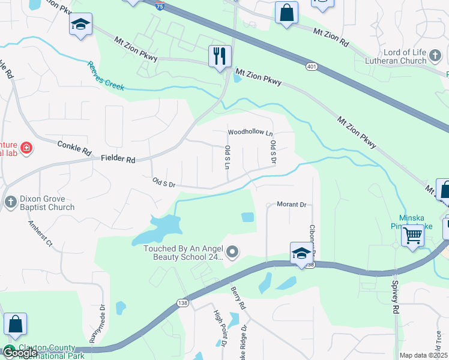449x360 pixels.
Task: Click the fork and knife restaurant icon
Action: [x=220, y=56]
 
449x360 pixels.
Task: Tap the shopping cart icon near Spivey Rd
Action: [x=412, y=235]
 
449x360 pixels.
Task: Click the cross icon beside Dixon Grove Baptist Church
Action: [x=10, y=202]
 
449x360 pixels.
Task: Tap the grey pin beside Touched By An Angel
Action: [x=234, y=252]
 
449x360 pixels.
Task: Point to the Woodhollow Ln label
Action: [x=250, y=132]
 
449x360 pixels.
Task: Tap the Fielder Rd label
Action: [x=118, y=159]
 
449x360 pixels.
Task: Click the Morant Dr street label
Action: [x=292, y=205]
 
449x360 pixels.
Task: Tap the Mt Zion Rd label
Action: [x=330, y=38]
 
